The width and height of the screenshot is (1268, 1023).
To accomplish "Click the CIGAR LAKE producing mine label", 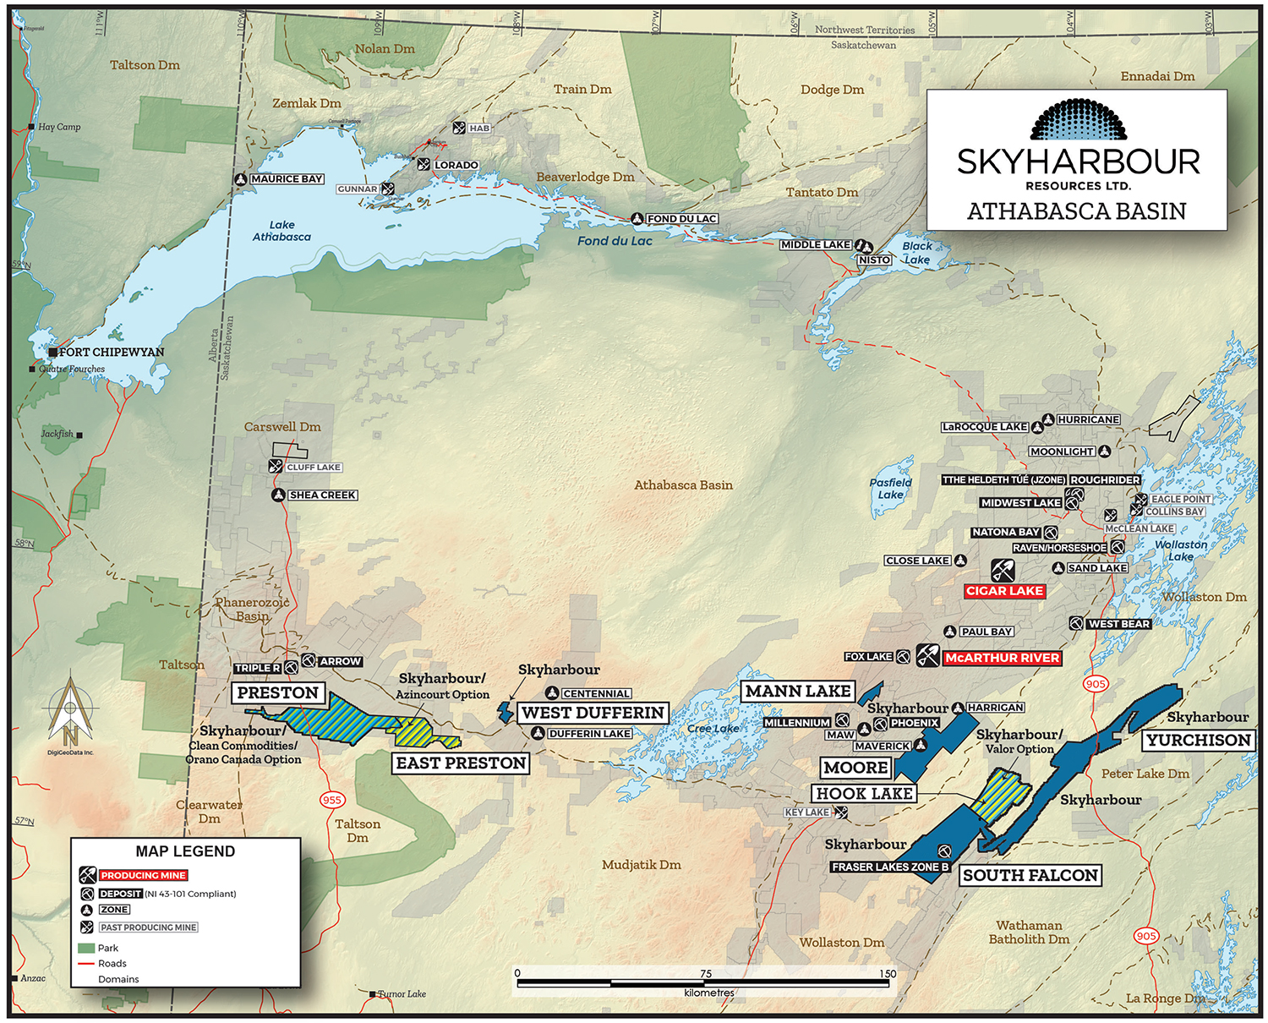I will click(1004, 591).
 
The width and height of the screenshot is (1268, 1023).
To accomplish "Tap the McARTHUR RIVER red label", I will click(1002, 658).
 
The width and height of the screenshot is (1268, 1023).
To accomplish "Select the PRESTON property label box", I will click(277, 693).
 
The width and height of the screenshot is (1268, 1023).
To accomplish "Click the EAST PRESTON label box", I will click(461, 763).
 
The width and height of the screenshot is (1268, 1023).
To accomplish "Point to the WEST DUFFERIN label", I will click(593, 713).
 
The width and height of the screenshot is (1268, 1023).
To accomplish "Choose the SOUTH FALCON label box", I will click(1030, 876).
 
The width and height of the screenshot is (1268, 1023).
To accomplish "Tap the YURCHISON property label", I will click(1198, 741).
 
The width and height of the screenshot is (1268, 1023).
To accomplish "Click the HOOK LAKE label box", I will click(864, 794).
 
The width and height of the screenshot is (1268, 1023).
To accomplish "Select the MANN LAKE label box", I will click(798, 692).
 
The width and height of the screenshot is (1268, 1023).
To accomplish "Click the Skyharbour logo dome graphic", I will click(1078, 120).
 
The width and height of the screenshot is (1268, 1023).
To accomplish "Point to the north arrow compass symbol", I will click(70, 710).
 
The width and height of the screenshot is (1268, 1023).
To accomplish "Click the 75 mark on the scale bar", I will click(706, 974).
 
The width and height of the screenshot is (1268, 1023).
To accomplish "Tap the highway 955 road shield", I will click(331, 800).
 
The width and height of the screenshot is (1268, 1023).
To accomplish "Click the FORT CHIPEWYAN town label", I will click(111, 353).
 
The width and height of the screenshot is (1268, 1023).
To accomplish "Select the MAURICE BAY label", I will click(287, 179).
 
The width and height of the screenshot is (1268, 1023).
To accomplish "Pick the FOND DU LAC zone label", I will click(681, 219).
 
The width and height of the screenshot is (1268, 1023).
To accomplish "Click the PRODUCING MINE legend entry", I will click(143, 876).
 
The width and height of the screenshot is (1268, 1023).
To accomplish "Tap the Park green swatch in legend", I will click(85, 948).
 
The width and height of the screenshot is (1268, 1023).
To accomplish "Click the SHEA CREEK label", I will click(322, 495).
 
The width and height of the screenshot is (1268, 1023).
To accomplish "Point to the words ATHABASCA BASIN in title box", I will click(1076, 211).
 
